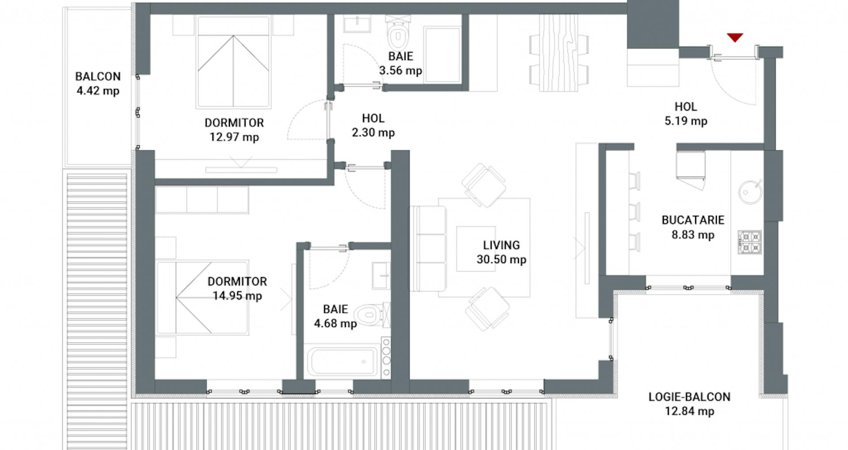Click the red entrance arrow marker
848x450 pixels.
click(x=735, y=38)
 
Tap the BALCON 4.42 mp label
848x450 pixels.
click(x=98, y=84)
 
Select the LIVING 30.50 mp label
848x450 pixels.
click(x=501, y=252)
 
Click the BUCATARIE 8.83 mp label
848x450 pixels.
click(x=693, y=227)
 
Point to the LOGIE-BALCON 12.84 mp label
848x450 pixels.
click(x=689, y=404)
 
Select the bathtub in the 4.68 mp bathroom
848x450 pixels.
click(x=343, y=362)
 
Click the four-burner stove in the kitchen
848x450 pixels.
click(x=750, y=242)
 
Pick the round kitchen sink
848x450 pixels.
click(x=750, y=192)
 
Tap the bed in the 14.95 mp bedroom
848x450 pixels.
click(x=202, y=297)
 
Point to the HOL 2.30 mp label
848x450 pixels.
click(x=373, y=125)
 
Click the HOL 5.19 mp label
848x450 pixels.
click(x=685, y=114)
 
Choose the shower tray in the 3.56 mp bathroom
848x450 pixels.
click(x=442, y=54)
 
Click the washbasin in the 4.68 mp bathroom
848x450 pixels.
click(x=381, y=275)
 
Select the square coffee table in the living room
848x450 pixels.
click(x=473, y=249)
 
